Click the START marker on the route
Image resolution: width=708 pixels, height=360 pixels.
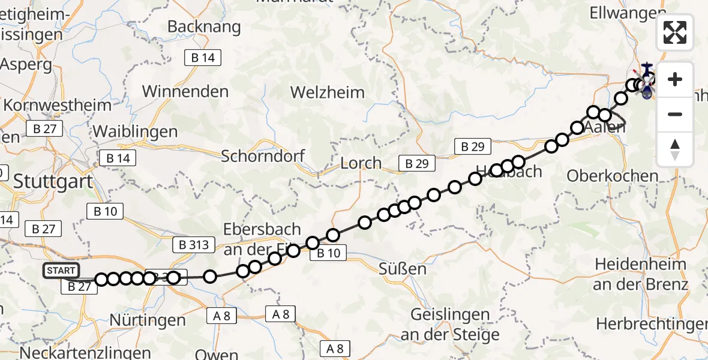click(x=61, y=271)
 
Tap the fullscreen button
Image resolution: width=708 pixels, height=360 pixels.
click(x=675, y=32)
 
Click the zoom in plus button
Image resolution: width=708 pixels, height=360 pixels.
click(x=675, y=79)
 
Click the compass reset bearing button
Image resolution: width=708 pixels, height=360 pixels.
click(x=675, y=149)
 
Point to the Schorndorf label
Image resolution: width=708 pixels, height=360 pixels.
click(x=263, y=156)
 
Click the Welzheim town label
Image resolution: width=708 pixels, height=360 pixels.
click(x=328, y=92)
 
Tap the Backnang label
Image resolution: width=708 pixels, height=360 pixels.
click(x=204, y=27)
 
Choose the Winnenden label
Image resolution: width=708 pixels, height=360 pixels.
click(x=185, y=92)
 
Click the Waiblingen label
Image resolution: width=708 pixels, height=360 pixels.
click(x=135, y=131)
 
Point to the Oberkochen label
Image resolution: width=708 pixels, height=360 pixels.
click(x=613, y=176)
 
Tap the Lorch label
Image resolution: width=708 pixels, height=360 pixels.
click(x=361, y=163)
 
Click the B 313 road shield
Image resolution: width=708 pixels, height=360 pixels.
click(x=194, y=244)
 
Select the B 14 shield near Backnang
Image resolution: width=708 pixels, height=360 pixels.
click(x=203, y=58)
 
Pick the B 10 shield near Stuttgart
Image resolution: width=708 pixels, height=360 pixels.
click(x=105, y=211)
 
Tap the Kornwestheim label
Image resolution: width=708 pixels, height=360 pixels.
click(x=58, y=105)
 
